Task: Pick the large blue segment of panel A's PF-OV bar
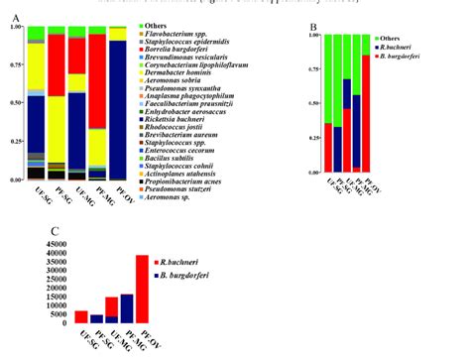coord(118,109)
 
